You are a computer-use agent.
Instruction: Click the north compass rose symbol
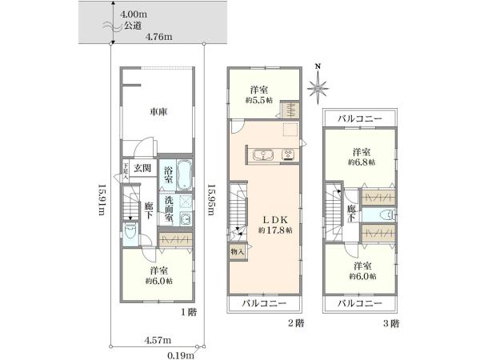[x=318, y=82]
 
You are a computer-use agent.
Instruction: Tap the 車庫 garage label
[x=158, y=113]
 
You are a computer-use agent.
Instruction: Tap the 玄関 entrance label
[x=143, y=168]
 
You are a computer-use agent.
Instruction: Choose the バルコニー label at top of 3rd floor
[x=358, y=118]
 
